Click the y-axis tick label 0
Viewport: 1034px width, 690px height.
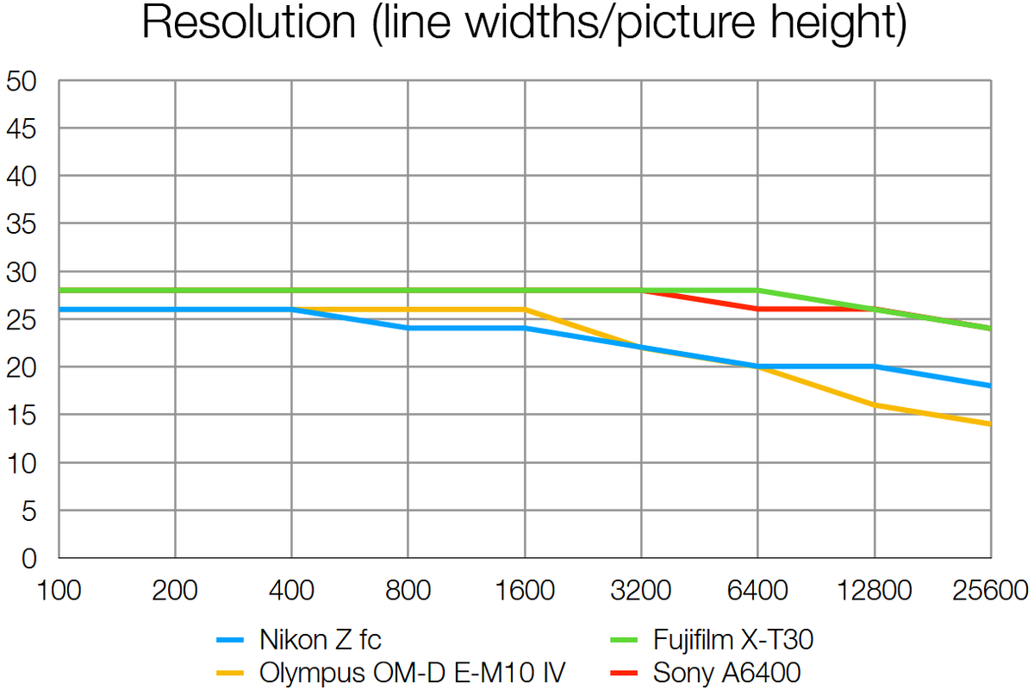point(29,559)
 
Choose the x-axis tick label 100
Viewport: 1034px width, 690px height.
point(58,592)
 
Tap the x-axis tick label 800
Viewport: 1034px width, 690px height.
point(408,592)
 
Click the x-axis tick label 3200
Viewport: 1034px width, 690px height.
point(640,592)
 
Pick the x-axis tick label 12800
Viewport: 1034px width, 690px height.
point(874,592)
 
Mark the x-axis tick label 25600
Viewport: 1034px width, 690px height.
point(988,592)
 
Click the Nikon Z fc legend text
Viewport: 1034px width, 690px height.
point(320,640)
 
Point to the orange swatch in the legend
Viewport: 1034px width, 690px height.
point(232,671)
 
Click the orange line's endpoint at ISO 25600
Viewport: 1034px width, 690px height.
point(990,423)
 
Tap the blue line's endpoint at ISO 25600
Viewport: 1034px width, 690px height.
point(990,386)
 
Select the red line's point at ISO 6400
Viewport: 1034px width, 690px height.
point(757,309)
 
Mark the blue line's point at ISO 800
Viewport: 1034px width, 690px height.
point(408,328)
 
